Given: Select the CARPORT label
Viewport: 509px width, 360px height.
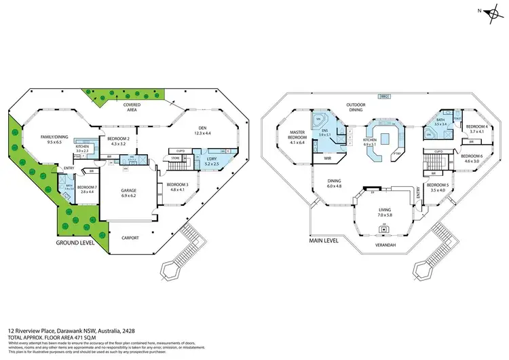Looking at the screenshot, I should [x=131, y=238].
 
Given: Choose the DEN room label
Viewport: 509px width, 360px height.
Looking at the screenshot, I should [x=202, y=128].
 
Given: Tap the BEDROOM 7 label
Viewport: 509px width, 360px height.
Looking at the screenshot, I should [x=87, y=188].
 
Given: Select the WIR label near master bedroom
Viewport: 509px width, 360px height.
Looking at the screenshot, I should [x=326, y=158].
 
